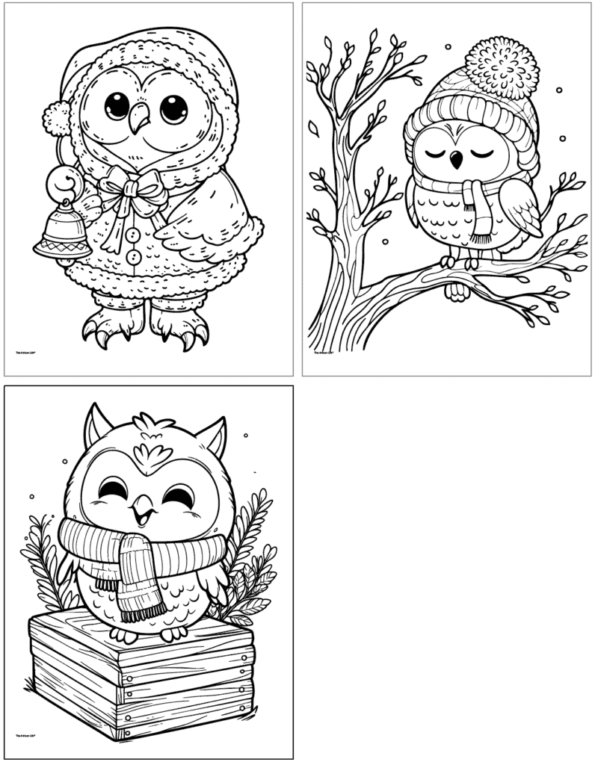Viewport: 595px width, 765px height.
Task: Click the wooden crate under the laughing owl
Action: point(142,684)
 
